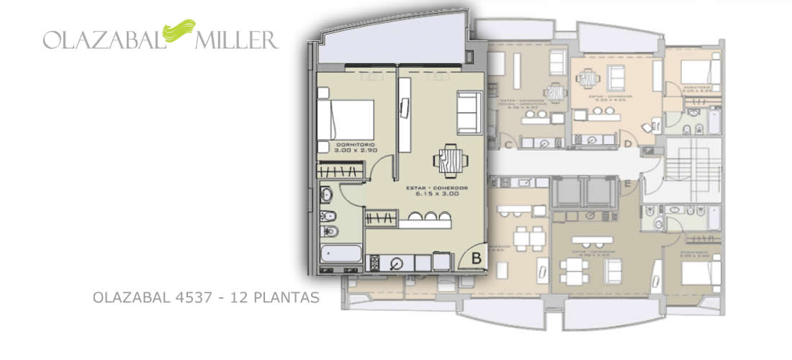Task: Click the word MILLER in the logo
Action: (236, 40)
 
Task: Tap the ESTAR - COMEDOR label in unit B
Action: (437, 189)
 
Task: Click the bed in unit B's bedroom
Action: (346, 119)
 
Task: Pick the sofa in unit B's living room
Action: (468, 113)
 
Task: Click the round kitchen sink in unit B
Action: (395, 264)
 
